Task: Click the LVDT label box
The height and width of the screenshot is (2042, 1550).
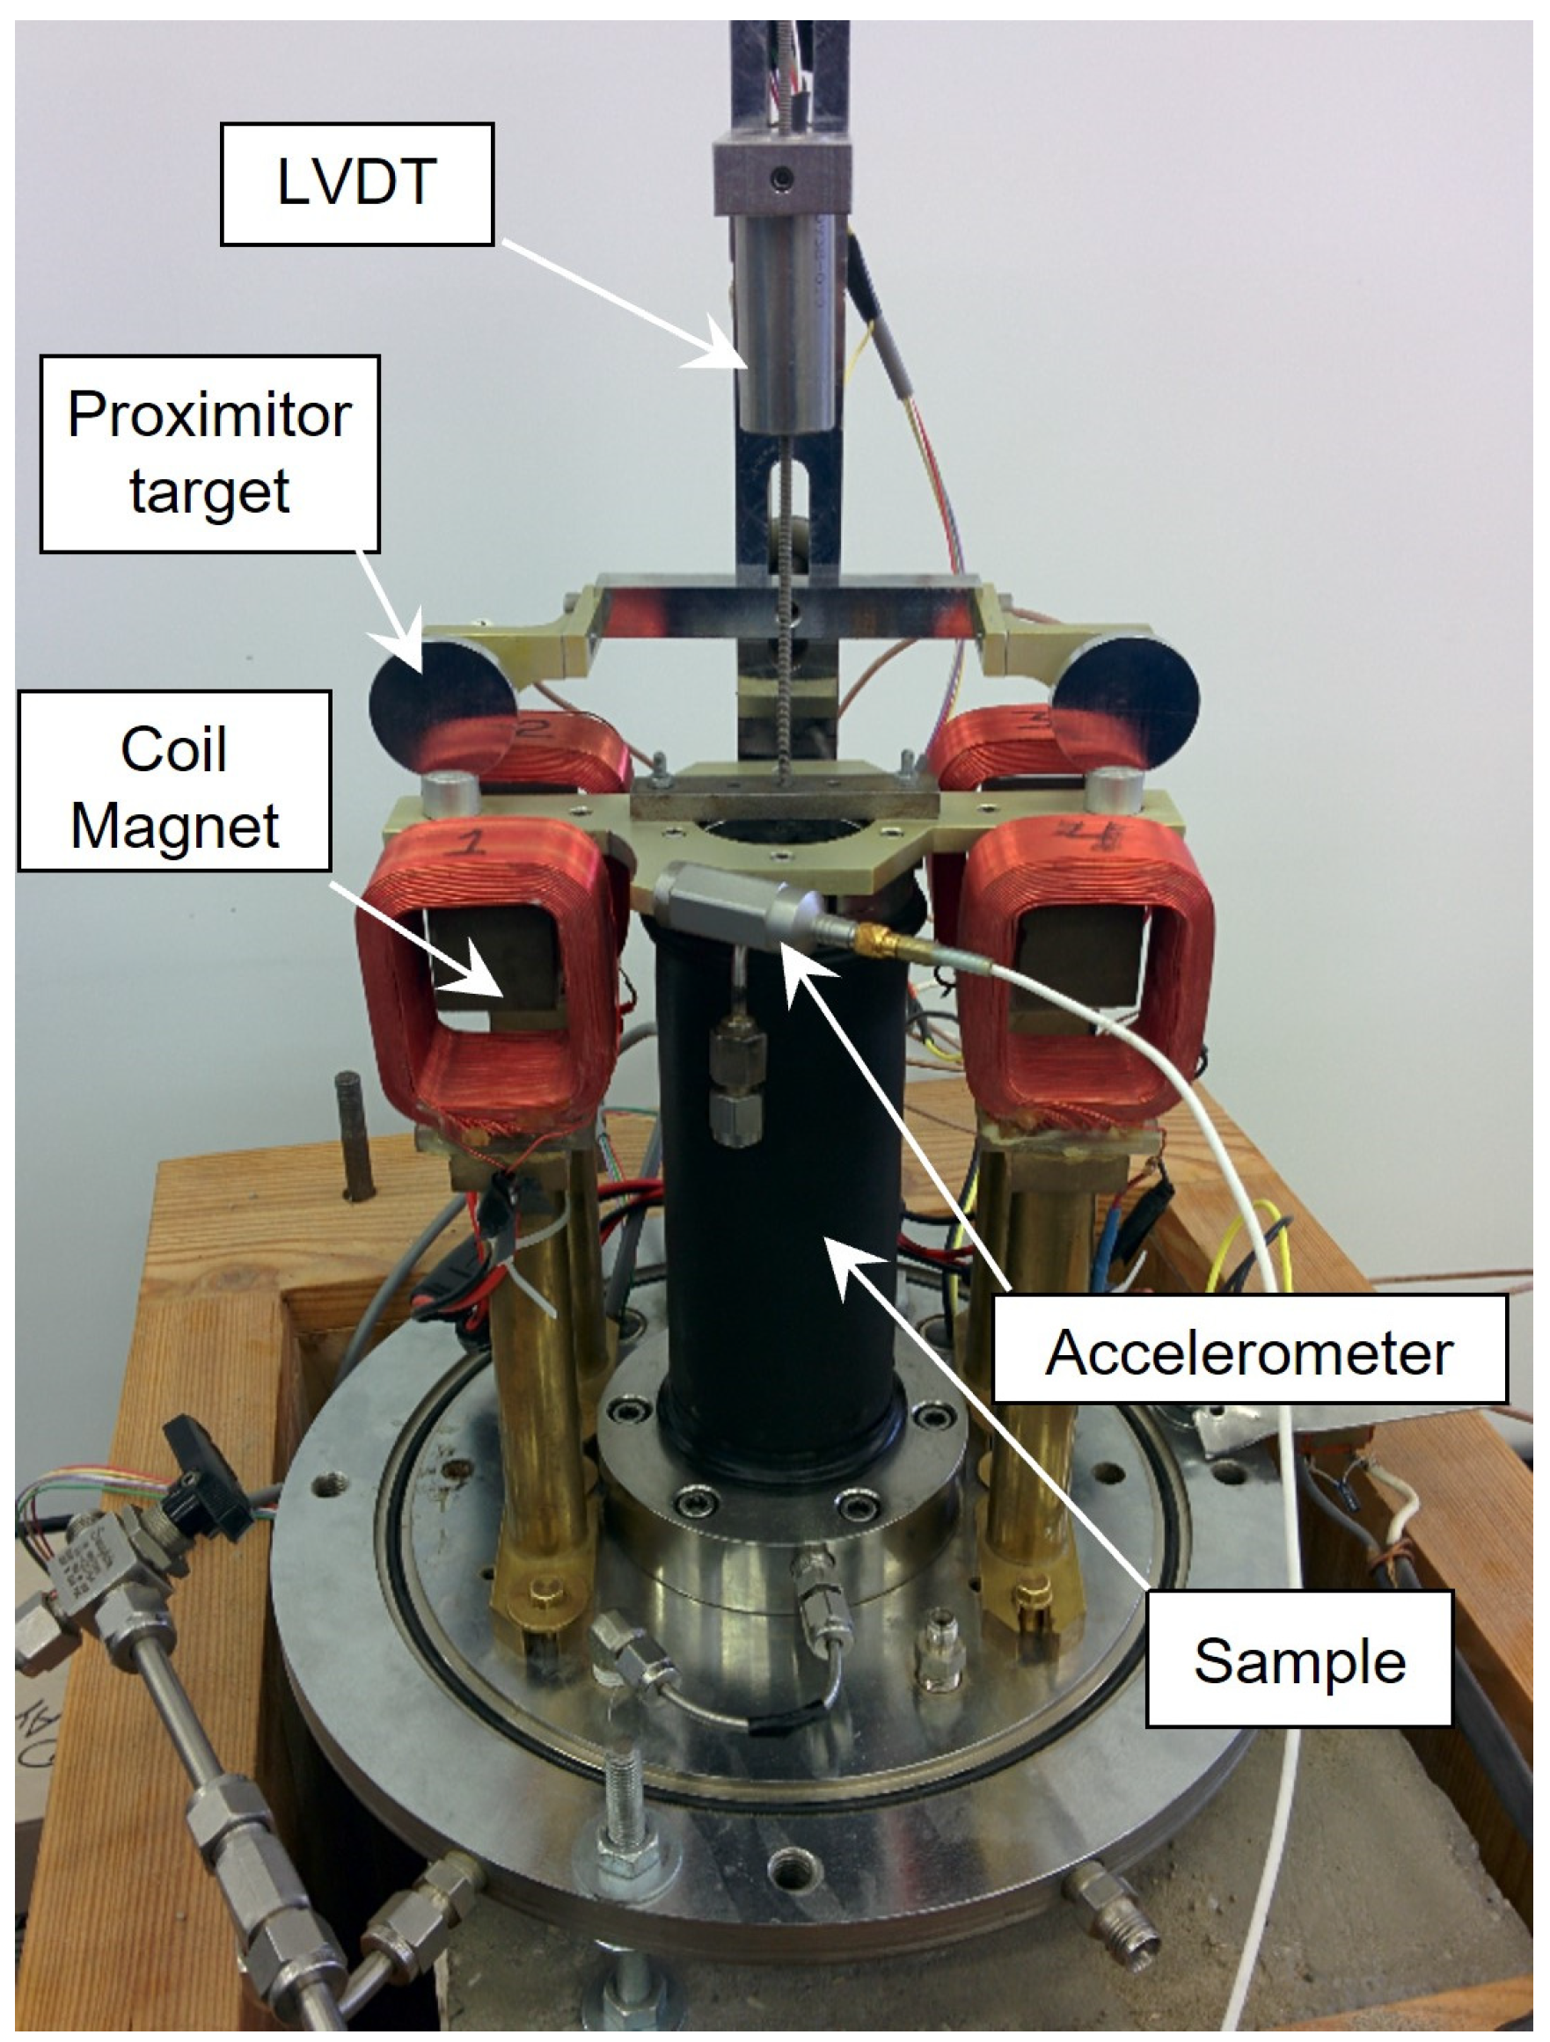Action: coord(356,184)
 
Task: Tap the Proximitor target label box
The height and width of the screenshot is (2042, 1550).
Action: coord(209,453)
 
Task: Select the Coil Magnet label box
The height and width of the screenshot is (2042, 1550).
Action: coord(174,781)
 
